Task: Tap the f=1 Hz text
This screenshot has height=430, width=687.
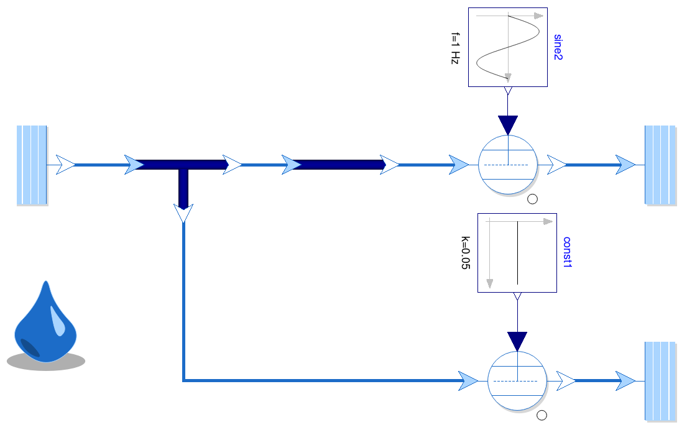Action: [455, 47]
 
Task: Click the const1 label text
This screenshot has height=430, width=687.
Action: [567, 252]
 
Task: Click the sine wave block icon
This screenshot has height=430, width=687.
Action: [507, 47]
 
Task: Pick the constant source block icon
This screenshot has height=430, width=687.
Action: [517, 252]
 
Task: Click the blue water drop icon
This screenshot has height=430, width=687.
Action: [45, 323]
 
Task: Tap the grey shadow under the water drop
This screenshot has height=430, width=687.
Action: [46, 362]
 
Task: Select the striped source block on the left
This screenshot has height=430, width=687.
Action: [32, 165]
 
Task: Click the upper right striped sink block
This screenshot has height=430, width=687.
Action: [660, 165]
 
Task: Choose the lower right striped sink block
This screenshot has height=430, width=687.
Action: [660, 381]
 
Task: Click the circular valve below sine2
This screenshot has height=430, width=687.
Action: [509, 165]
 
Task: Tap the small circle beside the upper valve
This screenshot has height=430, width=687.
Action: [532, 199]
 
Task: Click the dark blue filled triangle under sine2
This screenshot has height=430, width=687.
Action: [508, 124]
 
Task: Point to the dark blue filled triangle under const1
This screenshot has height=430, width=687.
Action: [517, 341]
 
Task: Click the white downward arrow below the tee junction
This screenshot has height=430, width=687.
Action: [183, 214]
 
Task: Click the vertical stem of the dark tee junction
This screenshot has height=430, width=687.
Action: [183, 186]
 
